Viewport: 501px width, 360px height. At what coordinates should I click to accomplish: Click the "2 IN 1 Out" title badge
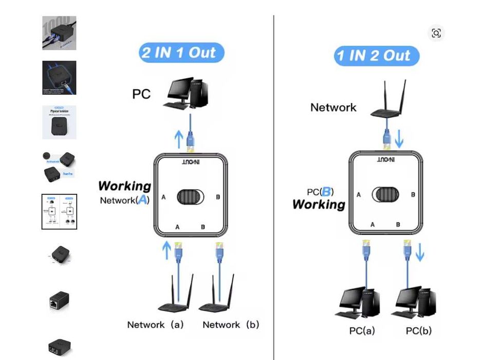(181, 53)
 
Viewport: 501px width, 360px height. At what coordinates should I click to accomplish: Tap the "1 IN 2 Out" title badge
(376, 56)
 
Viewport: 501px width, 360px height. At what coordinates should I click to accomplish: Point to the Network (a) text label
(155, 325)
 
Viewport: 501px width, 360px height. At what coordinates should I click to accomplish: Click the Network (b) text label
(231, 325)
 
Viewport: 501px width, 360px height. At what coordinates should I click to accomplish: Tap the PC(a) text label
(362, 331)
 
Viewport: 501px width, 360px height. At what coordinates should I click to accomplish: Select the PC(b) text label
(418, 331)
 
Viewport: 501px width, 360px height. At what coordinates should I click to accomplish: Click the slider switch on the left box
(190, 197)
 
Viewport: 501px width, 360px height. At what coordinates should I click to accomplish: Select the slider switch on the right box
(385, 194)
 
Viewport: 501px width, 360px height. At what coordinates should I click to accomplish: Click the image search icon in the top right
(436, 33)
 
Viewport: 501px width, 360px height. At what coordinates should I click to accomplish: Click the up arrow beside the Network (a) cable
(166, 250)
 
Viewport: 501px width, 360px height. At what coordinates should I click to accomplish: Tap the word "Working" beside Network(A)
(124, 186)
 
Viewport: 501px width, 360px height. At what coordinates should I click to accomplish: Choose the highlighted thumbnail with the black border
(59, 211)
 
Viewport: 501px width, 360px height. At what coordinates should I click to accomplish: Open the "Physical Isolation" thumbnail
(59, 122)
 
